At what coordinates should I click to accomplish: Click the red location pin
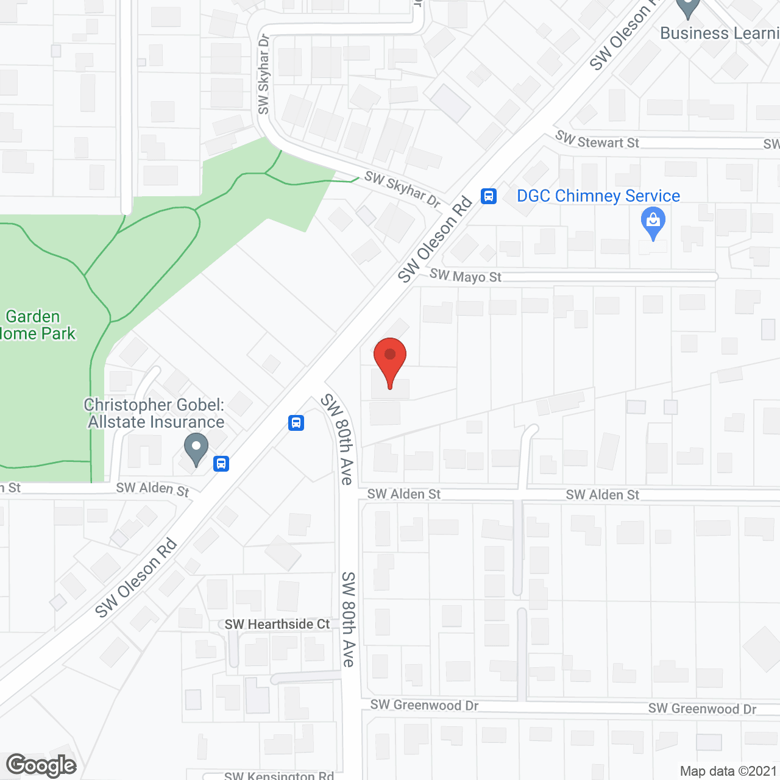point(390,359)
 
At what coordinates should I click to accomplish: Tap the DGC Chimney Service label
point(598,196)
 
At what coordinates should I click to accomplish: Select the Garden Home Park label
point(37,325)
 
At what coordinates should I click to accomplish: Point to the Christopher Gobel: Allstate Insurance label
point(155,413)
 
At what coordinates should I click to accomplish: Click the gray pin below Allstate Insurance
point(196,449)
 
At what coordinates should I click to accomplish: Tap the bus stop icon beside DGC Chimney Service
point(489,196)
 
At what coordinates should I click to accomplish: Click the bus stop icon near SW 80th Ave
point(296,422)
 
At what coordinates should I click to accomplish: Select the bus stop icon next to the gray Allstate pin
point(221,464)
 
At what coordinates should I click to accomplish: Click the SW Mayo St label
point(465,276)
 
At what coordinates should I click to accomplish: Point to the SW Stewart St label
point(597,141)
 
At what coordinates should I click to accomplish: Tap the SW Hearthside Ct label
point(277,624)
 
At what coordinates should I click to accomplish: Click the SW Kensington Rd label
point(279,775)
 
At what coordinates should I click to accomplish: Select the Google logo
point(41,765)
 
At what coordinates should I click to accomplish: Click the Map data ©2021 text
point(728,771)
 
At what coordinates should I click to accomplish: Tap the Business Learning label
point(719,33)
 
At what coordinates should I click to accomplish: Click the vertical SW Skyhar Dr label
point(263,74)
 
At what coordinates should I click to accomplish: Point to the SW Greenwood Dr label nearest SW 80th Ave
point(424,705)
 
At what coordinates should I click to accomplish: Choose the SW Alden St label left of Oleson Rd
point(152,488)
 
